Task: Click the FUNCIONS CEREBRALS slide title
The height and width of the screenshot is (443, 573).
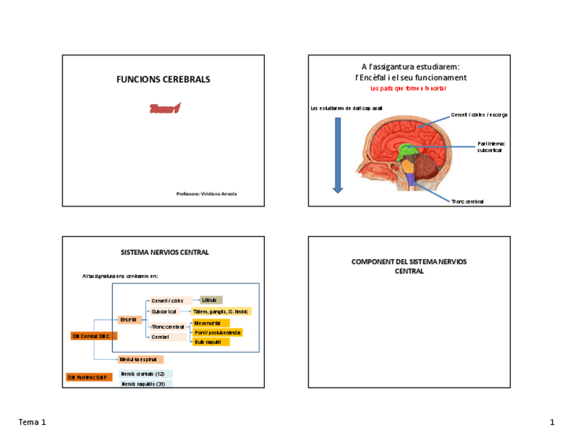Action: pos(163,79)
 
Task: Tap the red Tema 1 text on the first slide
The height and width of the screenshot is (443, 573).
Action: pos(165,108)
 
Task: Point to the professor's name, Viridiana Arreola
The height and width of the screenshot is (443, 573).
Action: pos(206,194)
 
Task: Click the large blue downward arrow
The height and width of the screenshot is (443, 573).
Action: pos(338,155)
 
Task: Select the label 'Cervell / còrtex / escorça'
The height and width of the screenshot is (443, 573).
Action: pos(479,115)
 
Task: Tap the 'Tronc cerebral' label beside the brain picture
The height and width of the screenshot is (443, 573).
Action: pos(468,202)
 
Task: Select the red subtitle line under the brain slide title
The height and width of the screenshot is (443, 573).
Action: pos(408,89)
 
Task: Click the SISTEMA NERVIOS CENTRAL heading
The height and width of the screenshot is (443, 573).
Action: pos(164,252)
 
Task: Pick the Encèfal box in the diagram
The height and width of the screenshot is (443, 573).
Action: pos(130,319)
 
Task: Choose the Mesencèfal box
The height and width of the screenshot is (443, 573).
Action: pos(211,323)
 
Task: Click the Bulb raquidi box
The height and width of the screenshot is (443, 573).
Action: pos(211,342)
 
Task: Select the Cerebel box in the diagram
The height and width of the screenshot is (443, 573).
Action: pos(168,337)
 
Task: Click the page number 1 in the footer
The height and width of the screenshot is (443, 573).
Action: pos(551,423)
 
